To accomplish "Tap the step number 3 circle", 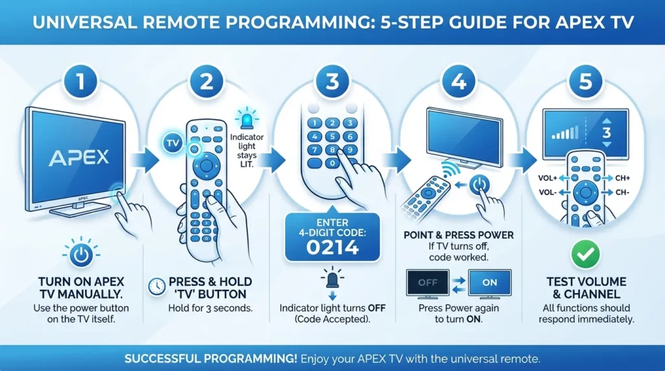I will point(332,82).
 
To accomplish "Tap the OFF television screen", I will point(427,283).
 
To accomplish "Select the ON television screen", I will point(490,283).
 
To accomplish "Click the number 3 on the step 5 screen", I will point(607,133).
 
